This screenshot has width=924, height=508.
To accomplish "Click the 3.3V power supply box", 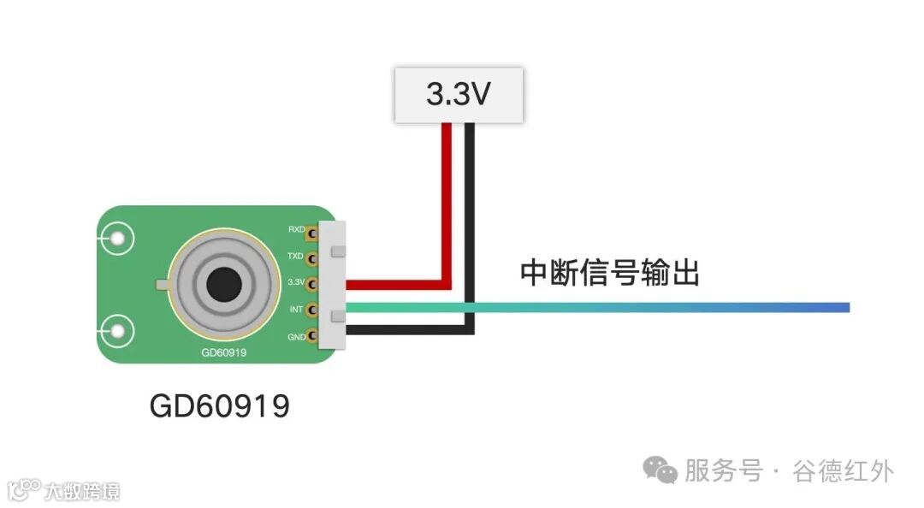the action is (458, 95).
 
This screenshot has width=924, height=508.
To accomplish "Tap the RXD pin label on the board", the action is (296, 230).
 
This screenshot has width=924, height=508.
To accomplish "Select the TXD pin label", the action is (296, 256).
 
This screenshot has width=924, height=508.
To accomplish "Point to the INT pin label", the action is (297, 309).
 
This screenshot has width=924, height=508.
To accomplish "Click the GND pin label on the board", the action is (296, 337).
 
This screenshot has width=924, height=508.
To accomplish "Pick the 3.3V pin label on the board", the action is (296, 282).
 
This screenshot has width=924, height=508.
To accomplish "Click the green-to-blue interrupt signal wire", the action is (599, 307).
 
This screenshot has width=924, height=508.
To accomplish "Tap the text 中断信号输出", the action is (610, 274).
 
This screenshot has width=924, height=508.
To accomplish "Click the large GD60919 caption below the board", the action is (220, 406).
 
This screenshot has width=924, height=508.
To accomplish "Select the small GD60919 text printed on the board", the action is (224, 351).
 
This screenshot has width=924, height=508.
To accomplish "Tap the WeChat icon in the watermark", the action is (660, 469).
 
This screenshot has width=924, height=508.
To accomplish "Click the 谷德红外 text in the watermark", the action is (843, 470).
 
